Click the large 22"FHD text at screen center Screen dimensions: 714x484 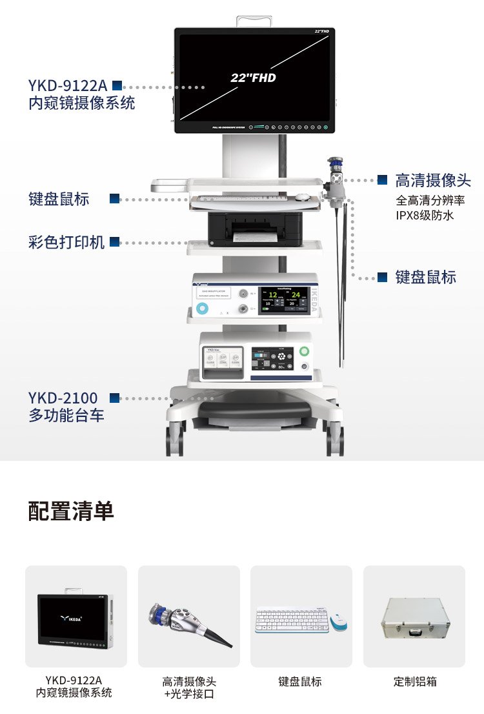pyautogui.click(x=253, y=77)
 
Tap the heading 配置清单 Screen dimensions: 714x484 pyautogui.click(x=71, y=511)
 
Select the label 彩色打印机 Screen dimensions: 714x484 pyautogui.click(x=66, y=243)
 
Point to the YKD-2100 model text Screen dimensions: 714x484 pyautogui.click(x=63, y=398)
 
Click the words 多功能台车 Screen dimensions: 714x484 pyautogui.click(x=66, y=415)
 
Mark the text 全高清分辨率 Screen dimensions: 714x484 pyautogui.click(x=430, y=200)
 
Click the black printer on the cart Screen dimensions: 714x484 pyautogui.click(x=255, y=229)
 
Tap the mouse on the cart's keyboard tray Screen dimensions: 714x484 pyautogui.click(x=302, y=197)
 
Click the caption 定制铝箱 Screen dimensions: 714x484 pyautogui.click(x=414, y=681)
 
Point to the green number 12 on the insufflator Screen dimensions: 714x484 pyautogui.click(x=273, y=296)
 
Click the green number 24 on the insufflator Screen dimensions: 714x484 pyautogui.click(x=296, y=296)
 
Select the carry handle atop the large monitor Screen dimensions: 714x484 pyautogui.click(x=254, y=21)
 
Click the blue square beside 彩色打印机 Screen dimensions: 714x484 pyautogui.click(x=115, y=243)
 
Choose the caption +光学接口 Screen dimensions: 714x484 pyautogui.click(x=188, y=694)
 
